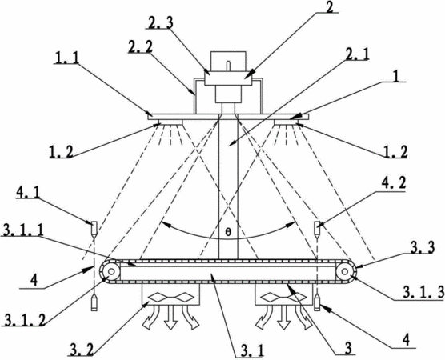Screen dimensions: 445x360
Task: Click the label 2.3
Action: (160, 22)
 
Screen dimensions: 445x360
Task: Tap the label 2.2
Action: (140, 46)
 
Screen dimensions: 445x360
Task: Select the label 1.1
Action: (66, 58)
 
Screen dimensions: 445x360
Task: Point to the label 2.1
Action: (356, 54)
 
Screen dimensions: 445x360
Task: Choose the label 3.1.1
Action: (22, 230)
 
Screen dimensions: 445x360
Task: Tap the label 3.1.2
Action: (23, 320)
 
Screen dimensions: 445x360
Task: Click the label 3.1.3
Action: (423, 293)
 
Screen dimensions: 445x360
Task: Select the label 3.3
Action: (422, 248)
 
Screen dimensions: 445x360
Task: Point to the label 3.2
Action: (81, 350)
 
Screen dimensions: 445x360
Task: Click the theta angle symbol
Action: (228, 232)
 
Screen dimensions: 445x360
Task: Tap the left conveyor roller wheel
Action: (110, 271)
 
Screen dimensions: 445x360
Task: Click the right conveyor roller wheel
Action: (344, 271)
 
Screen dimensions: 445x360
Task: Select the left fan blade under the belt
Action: (170, 298)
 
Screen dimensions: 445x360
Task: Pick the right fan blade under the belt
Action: (283, 298)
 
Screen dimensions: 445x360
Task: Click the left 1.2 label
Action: (62, 152)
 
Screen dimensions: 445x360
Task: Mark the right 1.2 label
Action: (395, 152)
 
